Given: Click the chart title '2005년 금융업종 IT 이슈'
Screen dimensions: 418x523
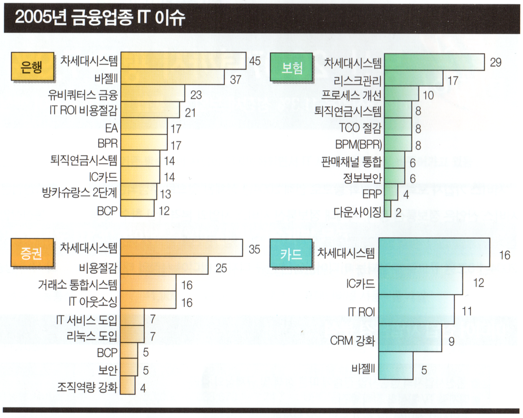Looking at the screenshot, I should point(100,18).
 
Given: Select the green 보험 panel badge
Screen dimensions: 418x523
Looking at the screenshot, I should point(292,68).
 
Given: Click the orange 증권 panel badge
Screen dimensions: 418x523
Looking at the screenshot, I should point(32,253).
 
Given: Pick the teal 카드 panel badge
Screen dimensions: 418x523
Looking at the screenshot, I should point(291,254).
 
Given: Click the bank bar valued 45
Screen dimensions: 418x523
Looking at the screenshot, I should point(183,61).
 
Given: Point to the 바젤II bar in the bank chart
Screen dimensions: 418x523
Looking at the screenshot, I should point(172,77).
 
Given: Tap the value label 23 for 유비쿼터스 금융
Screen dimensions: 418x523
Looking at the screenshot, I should point(196,95).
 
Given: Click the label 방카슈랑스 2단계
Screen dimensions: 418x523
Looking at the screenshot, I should point(80,193).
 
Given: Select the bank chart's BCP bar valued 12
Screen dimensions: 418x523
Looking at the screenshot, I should point(137,208).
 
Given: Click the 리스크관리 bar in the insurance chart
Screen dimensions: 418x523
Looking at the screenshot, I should point(413,78).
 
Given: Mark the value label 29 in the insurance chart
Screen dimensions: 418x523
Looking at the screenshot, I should point(495,63).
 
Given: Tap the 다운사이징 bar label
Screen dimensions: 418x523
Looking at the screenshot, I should point(358,212).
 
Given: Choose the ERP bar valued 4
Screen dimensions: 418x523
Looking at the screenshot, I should point(391,192).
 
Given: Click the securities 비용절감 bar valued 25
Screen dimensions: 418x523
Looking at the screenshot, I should point(164,266).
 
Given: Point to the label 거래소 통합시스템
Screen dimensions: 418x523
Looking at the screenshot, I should point(78,284).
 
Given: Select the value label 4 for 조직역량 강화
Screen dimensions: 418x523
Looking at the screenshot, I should point(143,388).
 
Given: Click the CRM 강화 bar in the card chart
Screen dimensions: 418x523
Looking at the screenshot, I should point(410,338).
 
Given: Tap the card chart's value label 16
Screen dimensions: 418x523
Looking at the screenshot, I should point(505,255).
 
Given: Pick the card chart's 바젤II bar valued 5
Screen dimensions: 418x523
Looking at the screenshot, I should point(396,366).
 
